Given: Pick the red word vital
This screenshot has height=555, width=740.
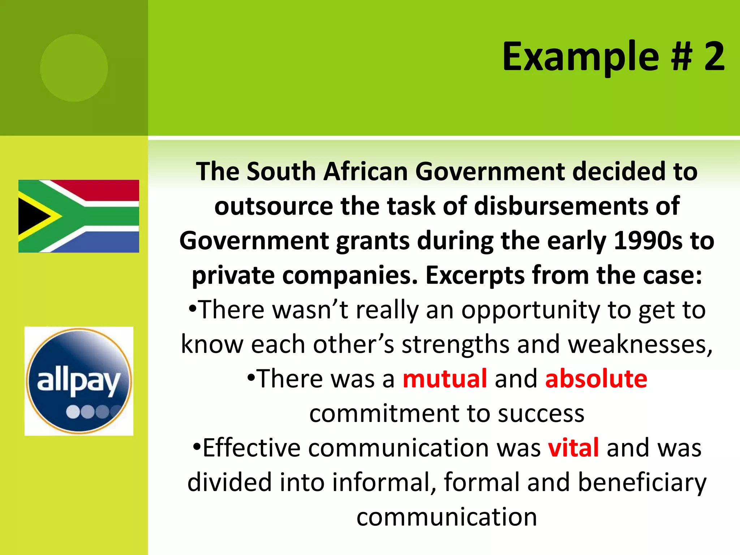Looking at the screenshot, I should coord(573,448).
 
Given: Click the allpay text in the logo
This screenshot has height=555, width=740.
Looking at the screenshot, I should coord(78,382).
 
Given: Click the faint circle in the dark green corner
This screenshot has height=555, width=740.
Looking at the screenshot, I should coord(74,68).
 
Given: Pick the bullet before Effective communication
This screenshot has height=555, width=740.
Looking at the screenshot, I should coord(197,447).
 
